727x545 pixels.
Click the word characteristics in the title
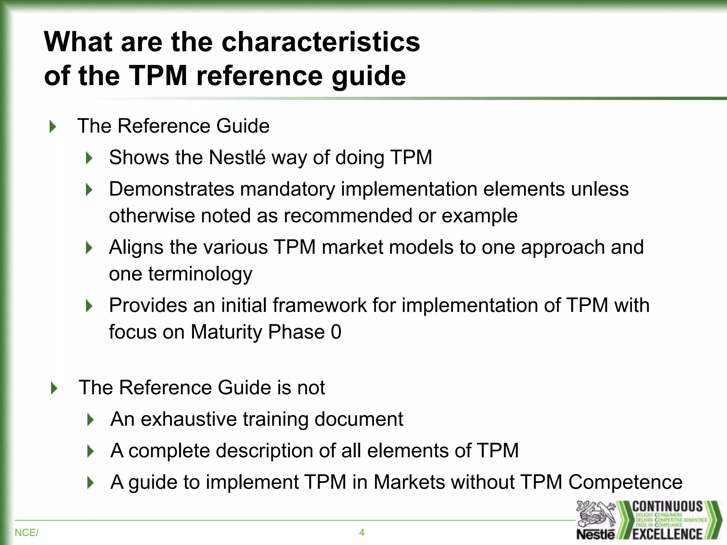pyautogui.click(x=321, y=42)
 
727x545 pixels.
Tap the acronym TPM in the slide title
pyautogui.click(x=158, y=75)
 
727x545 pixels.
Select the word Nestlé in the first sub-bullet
pyautogui.click(x=237, y=157)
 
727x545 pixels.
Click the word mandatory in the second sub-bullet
pyautogui.click(x=288, y=189)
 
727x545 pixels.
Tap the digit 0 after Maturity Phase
pyautogui.click(x=336, y=332)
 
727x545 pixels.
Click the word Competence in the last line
pyautogui.click(x=625, y=482)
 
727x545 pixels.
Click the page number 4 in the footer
pyautogui.click(x=361, y=533)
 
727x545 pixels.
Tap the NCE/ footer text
pyautogui.click(x=26, y=533)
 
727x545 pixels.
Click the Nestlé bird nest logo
pyautogui.click(x=595, y=514)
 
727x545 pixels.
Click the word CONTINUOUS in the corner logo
pyautogui.click(x=667, y=507)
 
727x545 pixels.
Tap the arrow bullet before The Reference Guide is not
pyautogui.click(x=54, y=388)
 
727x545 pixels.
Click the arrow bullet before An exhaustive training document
pyautogui.click(x=91, y=420)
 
